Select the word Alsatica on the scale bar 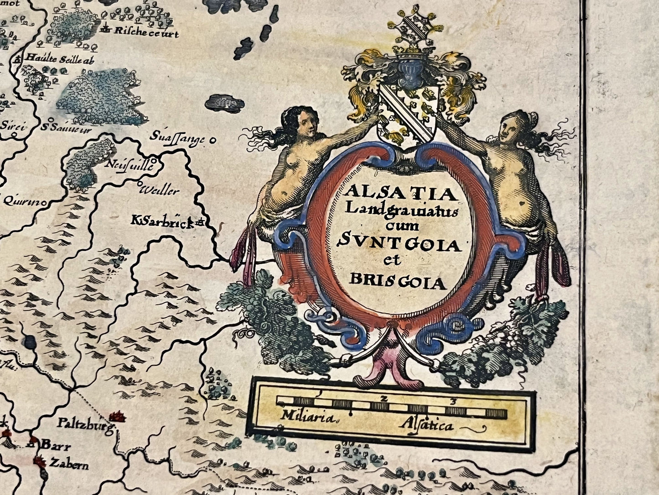(x=427, y=425)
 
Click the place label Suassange (x=178, y=138)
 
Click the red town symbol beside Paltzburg (x=118, y=416)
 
